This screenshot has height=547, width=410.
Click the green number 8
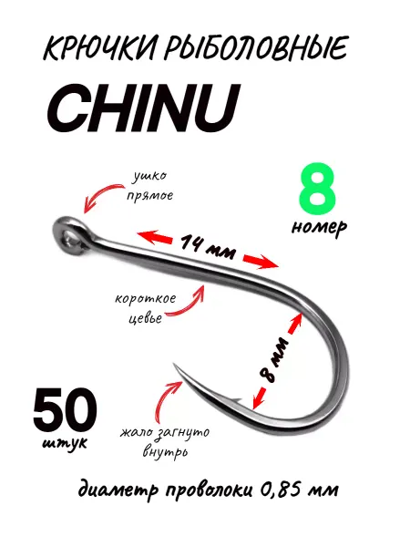317,191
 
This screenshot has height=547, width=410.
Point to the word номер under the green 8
319,228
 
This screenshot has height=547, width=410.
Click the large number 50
66,408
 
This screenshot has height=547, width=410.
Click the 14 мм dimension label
208,246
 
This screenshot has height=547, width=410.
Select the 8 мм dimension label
273,359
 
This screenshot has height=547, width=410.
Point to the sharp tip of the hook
173,363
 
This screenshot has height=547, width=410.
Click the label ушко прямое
150,186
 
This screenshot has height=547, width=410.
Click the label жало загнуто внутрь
165,442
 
